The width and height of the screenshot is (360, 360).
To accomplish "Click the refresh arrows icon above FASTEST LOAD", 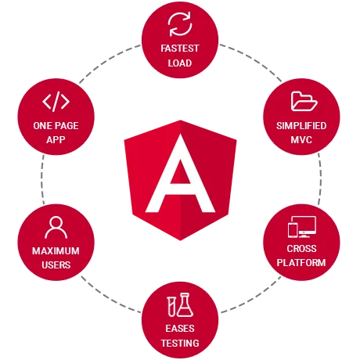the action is point(180,24).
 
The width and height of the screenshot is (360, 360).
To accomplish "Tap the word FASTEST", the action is point(180,49).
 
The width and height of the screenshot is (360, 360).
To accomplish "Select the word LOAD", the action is point(180,63).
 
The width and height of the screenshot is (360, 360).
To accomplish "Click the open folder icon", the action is point(304,101).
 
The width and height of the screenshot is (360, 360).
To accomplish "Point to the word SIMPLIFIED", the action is point(301,126).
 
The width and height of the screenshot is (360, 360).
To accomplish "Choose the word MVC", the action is point(301,140).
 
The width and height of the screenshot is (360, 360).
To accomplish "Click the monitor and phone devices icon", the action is point(302,227).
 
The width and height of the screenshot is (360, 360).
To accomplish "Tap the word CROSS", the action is point(301,249).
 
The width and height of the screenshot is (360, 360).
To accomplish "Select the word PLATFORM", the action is point(301,262).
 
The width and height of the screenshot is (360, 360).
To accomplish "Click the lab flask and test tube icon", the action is point(180,304).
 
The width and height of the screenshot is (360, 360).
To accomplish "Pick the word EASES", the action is point(180,328).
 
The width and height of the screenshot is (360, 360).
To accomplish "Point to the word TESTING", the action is point(180,343).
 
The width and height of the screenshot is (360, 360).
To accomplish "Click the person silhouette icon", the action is point(56,228).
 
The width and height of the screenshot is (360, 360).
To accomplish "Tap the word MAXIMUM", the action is point(56,251).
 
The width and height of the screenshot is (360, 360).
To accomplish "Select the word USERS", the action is point(56,265).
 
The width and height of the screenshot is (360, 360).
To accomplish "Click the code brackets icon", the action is point(56,102).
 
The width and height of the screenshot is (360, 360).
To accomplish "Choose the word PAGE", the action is point(67,126).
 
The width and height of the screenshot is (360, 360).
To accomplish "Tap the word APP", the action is point(56,140).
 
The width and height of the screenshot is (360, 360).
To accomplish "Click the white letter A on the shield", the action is point(180,173).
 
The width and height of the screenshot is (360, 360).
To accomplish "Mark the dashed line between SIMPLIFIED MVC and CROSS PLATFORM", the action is point(321,179).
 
